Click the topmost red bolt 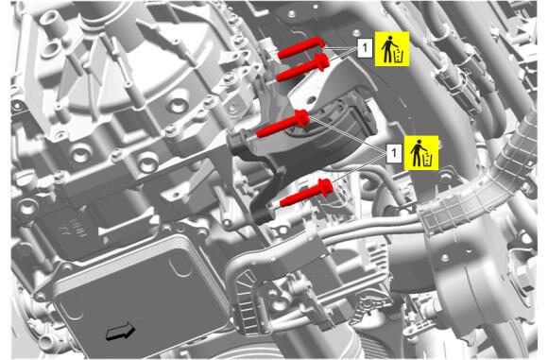coord(301,48)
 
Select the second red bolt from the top coord(302,68)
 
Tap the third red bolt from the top coord(283,124)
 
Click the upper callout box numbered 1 coord(365,47)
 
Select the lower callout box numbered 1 coord(394,153)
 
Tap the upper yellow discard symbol coord(392,48)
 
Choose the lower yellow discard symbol coord(421,153)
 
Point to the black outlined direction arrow coord(121,331)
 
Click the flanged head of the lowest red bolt coord(326,187)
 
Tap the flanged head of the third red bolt coord(302,118)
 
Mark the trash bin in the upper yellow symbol coord(399,56)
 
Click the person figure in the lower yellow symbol coord(416,153)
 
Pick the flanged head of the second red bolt coord(322,62)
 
